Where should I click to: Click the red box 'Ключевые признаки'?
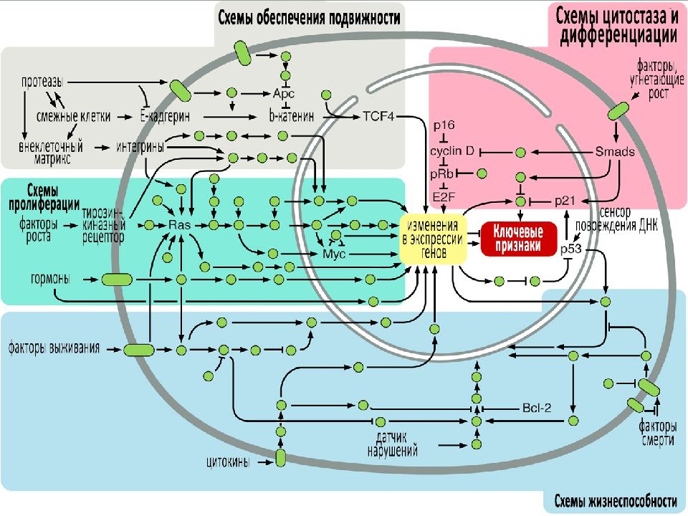(519, 239)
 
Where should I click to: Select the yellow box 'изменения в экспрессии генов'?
(433, 239)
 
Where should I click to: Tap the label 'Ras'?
(180, 225)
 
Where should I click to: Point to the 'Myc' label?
(334, 254)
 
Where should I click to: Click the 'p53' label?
(571, 249)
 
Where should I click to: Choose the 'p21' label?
(565, 201)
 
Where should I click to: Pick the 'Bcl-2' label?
(537, 408)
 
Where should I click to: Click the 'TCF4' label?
(378, 117)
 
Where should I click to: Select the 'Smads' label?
(615, 152)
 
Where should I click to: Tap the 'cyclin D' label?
(452, 151)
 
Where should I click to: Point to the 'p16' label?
(444, 125)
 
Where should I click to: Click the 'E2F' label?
(444, 197)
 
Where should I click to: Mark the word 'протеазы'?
(42, 82)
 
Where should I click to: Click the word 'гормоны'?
(49, 279)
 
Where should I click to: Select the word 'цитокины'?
(228, 462)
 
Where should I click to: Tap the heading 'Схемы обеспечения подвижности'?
(310, 18)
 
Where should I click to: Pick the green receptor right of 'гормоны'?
(117, 279)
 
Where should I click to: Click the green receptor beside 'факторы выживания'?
(138, 350)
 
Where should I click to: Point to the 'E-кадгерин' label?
(165, 117)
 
